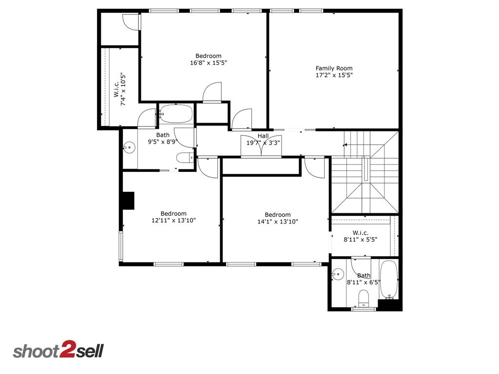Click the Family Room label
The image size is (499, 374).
pos(334,68)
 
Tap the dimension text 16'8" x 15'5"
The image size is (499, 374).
pos(209,63)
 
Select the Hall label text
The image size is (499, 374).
pos(263,136)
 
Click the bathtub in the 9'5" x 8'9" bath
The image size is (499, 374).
pos(176,114)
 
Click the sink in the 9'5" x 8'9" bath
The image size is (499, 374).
pos(129,147)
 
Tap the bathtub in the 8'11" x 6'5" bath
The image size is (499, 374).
pos(388,280)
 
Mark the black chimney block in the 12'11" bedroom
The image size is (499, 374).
pos(128,201)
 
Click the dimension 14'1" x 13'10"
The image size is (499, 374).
pos(278,222)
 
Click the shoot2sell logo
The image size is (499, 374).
pos(58,351)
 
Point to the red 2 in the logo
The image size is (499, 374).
pos(67,351)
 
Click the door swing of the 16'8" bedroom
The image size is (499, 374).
pos(212,93)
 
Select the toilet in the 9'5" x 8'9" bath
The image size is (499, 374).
pos(184,157)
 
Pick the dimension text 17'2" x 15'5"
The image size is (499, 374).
pos(334,75)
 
